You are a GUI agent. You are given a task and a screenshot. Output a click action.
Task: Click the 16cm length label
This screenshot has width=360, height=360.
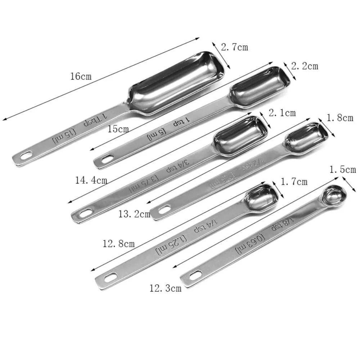(x=81, y=76)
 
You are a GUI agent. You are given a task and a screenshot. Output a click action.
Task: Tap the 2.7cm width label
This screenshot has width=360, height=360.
(x=234, y=47)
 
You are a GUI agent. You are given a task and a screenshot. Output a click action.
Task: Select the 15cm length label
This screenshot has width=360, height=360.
(x=118, y=129)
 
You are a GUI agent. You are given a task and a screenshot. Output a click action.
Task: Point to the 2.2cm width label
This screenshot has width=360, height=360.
(x=305, y=66)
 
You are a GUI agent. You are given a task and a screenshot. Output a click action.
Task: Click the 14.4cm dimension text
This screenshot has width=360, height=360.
(x=91, y=180)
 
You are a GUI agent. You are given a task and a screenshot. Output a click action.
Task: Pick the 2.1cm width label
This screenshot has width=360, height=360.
(x=282, y=113)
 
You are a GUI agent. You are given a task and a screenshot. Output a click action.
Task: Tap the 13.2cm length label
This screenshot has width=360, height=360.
(x=134, y=215)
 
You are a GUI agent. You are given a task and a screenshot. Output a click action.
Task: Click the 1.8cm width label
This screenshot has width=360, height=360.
(x=339, y=118)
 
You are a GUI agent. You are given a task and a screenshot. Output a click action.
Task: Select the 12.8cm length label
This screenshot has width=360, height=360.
(x=118, y=244)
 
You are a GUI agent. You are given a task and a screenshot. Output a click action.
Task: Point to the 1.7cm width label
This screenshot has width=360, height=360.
(x=294, y=182)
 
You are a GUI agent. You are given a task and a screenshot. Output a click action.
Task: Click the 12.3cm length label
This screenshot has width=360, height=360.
(x=166, y=288)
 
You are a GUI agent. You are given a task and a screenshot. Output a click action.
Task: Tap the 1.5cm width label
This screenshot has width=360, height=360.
(x=342, y=169)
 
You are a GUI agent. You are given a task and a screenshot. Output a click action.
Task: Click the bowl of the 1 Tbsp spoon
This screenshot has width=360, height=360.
(x=176, y=83)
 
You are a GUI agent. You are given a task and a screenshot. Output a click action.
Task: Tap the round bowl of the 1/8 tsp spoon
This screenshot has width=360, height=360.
(x=333, y=197)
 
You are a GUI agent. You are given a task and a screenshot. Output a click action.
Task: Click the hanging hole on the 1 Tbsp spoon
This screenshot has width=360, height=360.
(x=26, y=156)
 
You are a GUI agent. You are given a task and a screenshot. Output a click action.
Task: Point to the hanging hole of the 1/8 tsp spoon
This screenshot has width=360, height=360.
(x=195, y=276)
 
